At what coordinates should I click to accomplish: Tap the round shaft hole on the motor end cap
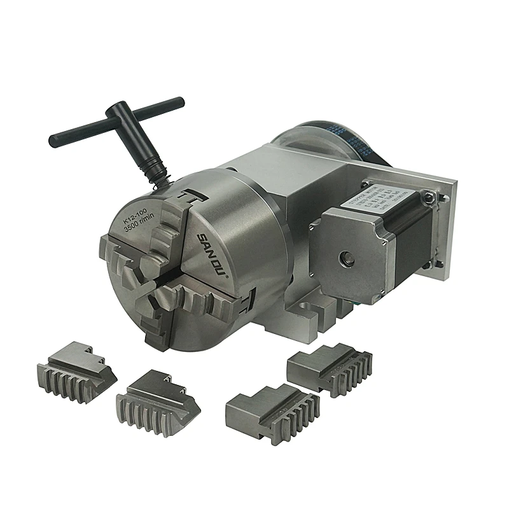(x=346, y=258)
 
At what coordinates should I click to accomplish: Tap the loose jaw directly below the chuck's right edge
(x=274, y=413)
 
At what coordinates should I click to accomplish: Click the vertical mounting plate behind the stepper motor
(x=445, y=229)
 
